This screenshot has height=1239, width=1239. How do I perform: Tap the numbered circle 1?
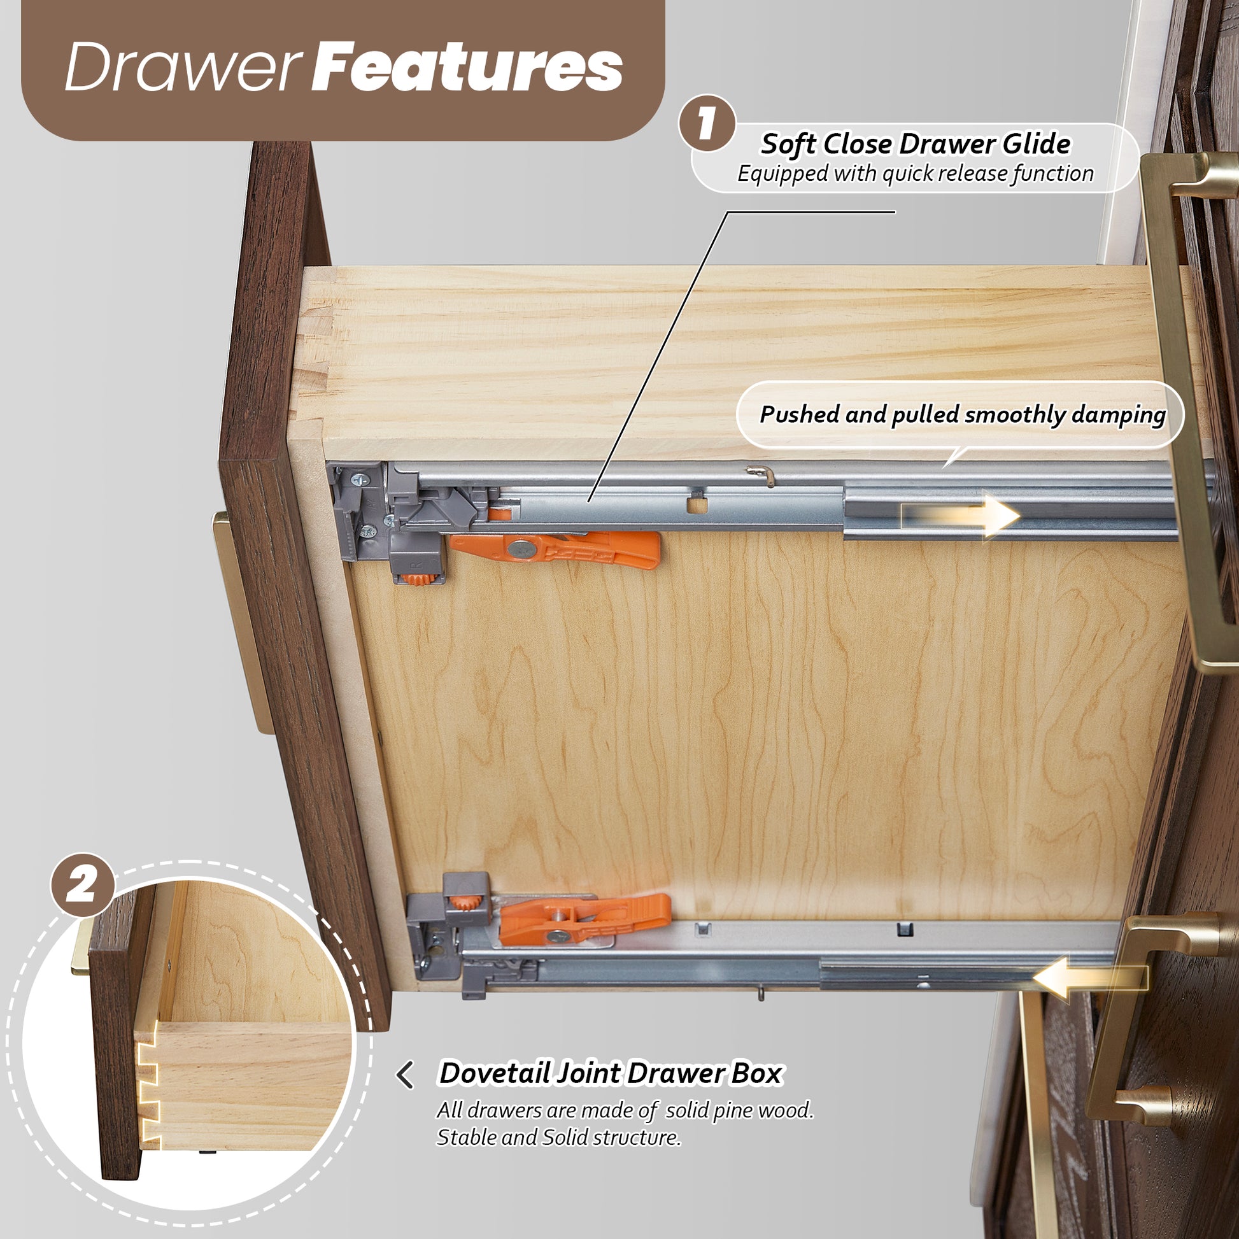(x=707, y=123)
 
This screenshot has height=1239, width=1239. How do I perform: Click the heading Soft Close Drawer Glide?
(x=915, y=144)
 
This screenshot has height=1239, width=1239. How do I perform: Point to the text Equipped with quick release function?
(x=915, y=173)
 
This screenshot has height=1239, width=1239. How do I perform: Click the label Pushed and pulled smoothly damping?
(x=963, y=414)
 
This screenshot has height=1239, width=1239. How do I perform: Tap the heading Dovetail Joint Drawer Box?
(x=610, y=1073)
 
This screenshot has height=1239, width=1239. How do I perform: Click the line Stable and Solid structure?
(x=558, y=1137)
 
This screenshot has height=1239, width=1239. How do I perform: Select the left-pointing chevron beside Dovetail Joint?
(x=405, y=1075)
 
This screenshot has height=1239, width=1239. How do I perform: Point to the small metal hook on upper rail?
(x=761, y=473)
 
